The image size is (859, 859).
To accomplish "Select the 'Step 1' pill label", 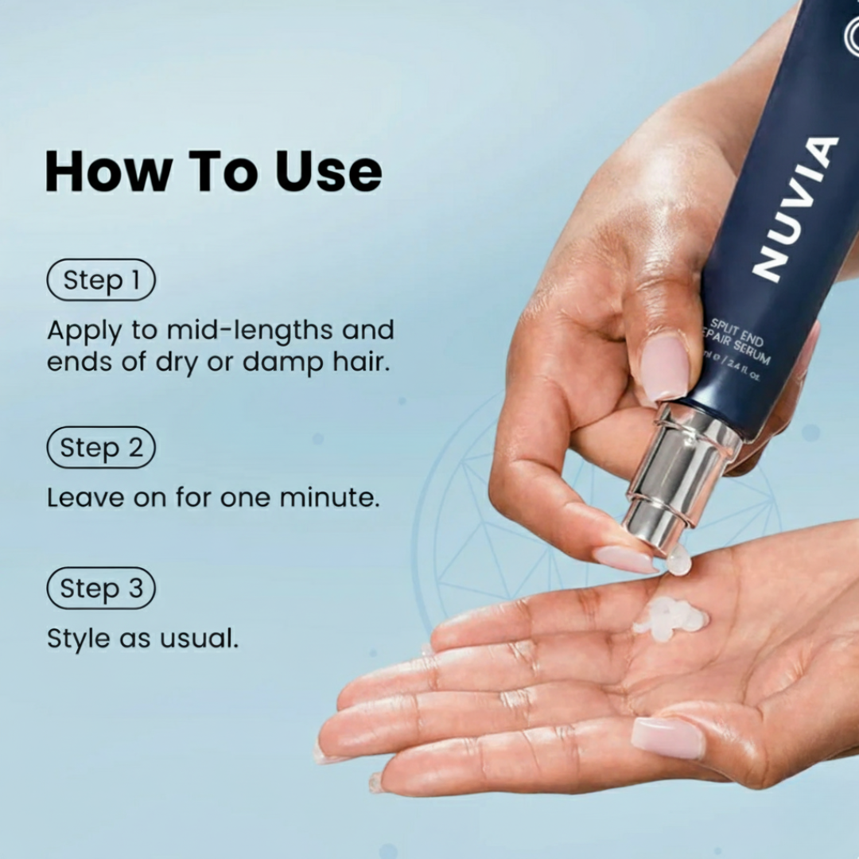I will [101, 280].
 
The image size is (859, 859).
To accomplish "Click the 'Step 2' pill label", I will [101, 447].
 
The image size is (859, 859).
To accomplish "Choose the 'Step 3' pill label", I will [101, 589].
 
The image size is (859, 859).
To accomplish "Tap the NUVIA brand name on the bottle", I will [795, 208].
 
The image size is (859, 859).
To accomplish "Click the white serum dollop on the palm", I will [670, 617].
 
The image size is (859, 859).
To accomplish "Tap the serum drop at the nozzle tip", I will [678, 560].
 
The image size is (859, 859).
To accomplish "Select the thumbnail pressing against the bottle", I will [665, 367].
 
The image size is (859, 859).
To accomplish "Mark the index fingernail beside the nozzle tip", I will [624, 559].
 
